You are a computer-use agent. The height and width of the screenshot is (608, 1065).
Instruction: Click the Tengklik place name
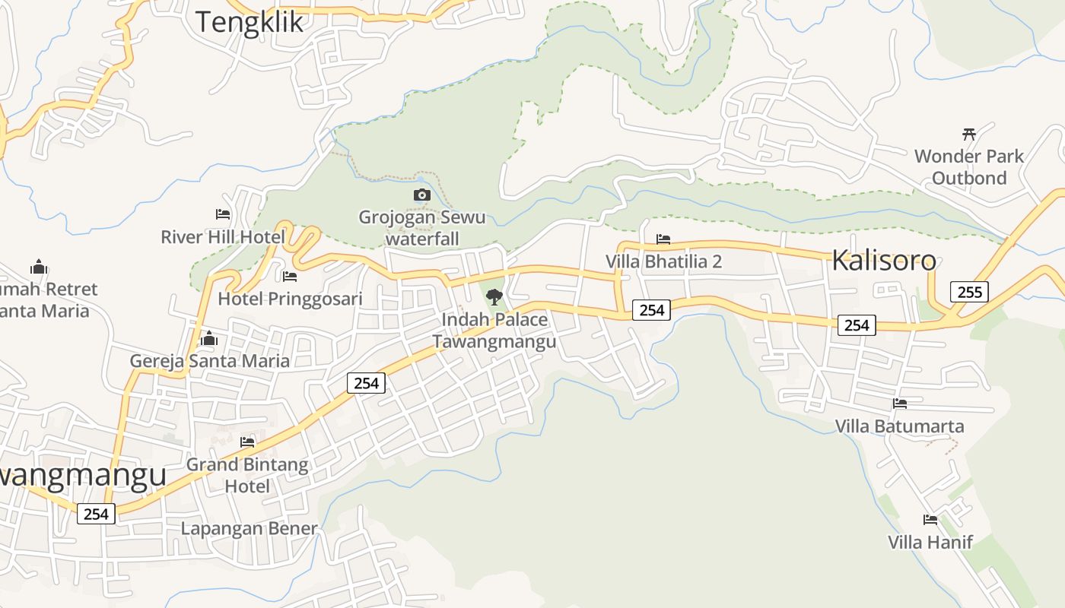(x=250, y=21)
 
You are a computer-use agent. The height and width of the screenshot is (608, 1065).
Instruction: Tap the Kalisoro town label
(x=883, y=260)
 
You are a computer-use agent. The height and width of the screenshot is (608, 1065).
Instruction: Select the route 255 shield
(x=969, y=292)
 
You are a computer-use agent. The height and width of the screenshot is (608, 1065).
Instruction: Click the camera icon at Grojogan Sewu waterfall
(x=422, y=195)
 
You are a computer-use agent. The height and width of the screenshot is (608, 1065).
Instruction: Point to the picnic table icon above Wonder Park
(x=969, y=135)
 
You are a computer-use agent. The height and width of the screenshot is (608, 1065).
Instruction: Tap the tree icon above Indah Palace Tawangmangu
(x=494, y=297)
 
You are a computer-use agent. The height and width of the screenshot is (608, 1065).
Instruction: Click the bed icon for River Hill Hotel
(x=223, y=215)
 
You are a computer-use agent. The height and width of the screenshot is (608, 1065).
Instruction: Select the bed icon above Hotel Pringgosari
(x=289, y=277)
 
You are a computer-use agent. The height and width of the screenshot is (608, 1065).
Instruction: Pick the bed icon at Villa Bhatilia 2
(x=663, y=239)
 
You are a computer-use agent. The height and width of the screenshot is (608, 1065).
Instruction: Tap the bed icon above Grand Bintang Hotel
(x=247, y=442)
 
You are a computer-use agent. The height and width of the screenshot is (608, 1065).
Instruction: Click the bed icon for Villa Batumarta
(x=900, y=404)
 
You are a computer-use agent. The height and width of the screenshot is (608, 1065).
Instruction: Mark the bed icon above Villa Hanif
(x=930, y=521)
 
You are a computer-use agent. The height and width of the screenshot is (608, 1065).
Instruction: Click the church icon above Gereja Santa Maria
(x=209, y=338)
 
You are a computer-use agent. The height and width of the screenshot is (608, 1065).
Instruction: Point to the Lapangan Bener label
(x=249, y=528)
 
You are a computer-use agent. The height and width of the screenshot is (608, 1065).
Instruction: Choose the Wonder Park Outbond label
(x=969, y=167)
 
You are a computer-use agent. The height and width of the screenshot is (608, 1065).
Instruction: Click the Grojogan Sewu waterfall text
(x=422, y=228)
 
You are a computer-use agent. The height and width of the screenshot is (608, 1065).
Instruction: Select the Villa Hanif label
(x=930, y=543)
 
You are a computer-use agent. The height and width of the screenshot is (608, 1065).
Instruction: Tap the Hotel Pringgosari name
(x=290, y=299)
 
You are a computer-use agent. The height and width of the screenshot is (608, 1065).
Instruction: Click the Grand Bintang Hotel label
(x=247, y=475)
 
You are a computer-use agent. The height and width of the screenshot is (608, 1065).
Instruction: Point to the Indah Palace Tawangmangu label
(x=494, y=331)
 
